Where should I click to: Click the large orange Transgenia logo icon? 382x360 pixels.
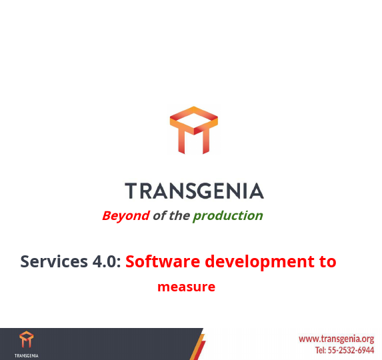193,130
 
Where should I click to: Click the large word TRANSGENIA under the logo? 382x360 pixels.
194,191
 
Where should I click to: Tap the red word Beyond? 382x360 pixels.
125,215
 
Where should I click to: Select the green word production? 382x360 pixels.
228,216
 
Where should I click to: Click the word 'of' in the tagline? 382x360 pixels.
159,215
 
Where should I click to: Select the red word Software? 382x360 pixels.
163,261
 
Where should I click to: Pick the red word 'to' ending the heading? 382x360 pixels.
327,261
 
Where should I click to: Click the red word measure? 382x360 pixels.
186,287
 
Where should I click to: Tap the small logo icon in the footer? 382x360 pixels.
26,339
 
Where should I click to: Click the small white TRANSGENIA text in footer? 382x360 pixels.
26,355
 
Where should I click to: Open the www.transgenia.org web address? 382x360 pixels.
336,339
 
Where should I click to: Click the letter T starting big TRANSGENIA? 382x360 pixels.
131,191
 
